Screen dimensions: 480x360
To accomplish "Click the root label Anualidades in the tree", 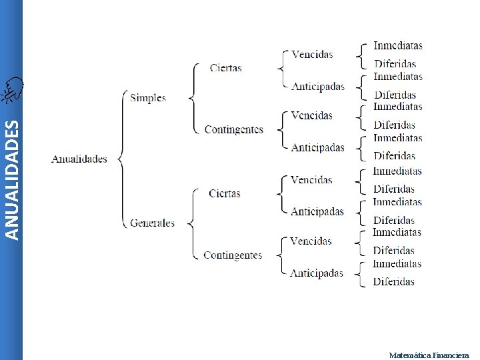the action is coord(79,159).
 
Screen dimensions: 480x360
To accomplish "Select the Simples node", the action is coord(148,98).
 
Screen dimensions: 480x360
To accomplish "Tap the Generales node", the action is coord(153,223).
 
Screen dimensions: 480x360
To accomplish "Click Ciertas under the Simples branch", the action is coord(225,68).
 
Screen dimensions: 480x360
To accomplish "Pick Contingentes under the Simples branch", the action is coord(233,129).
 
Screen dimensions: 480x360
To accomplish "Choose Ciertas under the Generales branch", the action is coord(224,193).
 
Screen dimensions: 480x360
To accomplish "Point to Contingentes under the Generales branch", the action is coord(233,255).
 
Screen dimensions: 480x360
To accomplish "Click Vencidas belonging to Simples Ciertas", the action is coord(312,54).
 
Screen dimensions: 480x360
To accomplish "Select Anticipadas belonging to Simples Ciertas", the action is coord(318,86).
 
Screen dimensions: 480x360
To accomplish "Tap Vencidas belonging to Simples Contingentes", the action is coord(311,115).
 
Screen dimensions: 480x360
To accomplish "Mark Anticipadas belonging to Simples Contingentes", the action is coord(317,147).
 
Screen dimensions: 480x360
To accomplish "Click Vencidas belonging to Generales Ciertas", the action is coord(311,179).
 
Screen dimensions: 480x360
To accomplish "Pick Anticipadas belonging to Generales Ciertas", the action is coord(317,211).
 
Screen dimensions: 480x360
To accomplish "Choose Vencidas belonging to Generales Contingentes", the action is coord(311,241).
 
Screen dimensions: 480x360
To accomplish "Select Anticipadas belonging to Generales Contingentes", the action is coord(317,273).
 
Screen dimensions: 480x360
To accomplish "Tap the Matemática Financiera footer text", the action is coord(429,355).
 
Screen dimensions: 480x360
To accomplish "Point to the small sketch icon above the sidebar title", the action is coord(11,90).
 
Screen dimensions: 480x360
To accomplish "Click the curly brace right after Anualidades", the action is coord(121,159).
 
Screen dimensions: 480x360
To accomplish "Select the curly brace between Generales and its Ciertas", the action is coord(192,223).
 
